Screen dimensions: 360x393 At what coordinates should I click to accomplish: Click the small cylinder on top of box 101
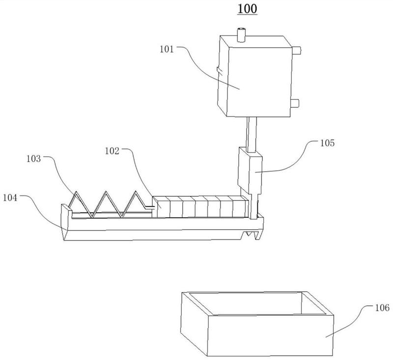pos(241,35)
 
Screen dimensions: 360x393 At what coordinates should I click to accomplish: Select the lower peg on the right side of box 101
pos(296,102)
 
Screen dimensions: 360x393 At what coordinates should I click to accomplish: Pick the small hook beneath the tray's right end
pos(255,236)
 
